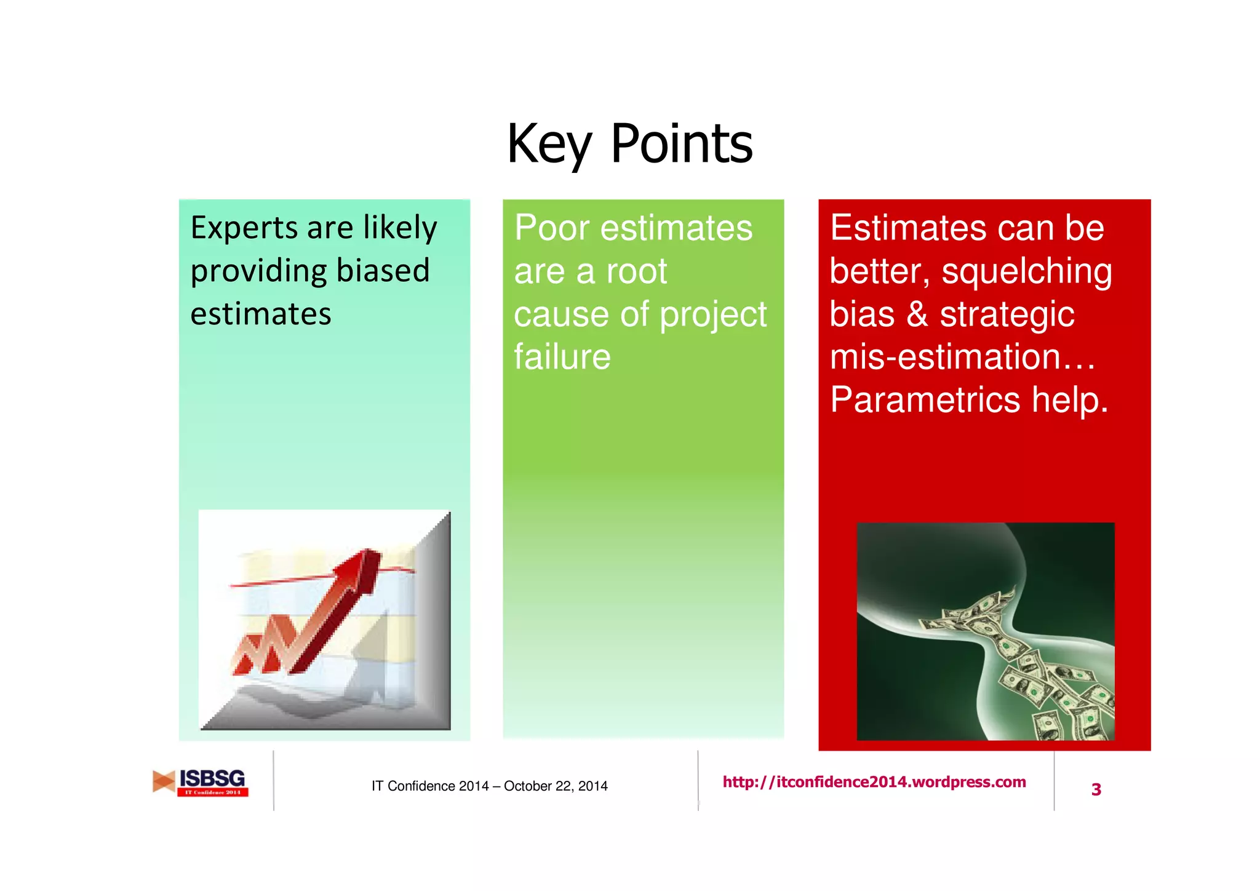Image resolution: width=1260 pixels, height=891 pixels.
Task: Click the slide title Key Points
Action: click(x=629, y=144)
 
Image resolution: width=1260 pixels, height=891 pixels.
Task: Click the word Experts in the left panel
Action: click(x=244, y=229)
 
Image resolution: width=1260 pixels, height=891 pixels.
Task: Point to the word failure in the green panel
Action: click(x=562, y=357)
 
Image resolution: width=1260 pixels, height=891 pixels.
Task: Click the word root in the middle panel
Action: click(x=637, y=271)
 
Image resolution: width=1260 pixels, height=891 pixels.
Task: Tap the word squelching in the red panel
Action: click(x=1026, y=271)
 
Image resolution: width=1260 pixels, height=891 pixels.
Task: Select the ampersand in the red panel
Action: click(x=917, y=314)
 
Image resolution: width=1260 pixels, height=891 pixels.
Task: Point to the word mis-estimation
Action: click(x=945, y=357)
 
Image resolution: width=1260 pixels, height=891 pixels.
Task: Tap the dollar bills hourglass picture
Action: click(x=985, y=631)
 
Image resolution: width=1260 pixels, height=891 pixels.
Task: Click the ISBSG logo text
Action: click(x=212, y=778)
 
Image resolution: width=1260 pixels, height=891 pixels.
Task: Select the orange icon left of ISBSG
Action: click(x=164, y=781)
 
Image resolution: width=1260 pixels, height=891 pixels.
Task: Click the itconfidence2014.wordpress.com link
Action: click(x=874, y=782)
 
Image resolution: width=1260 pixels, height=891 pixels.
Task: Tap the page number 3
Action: click(x=1096, y=789)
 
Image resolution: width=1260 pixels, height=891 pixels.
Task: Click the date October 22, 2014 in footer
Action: click(x=555, y=786)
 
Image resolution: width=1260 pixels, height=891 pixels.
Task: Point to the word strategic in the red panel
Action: click(x=1007, y=314)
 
